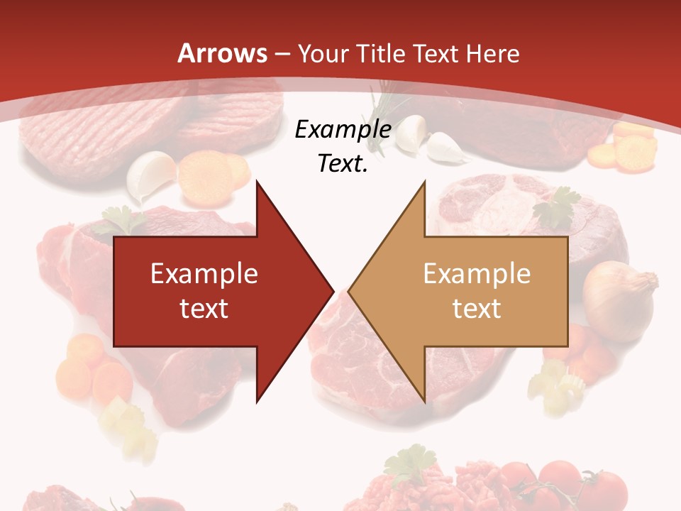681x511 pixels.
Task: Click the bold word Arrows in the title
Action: coord(223,53)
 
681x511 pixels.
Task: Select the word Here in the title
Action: coord(493,53)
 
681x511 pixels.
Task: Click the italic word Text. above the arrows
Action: coord(343,163)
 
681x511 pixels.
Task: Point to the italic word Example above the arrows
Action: coord(343,129)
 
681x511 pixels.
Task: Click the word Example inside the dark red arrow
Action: coord(204,273)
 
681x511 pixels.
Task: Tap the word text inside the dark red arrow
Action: coord(204,308)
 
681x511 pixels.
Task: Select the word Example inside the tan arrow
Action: coord(477,273)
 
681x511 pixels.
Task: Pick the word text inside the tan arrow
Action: coord(477,308)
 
